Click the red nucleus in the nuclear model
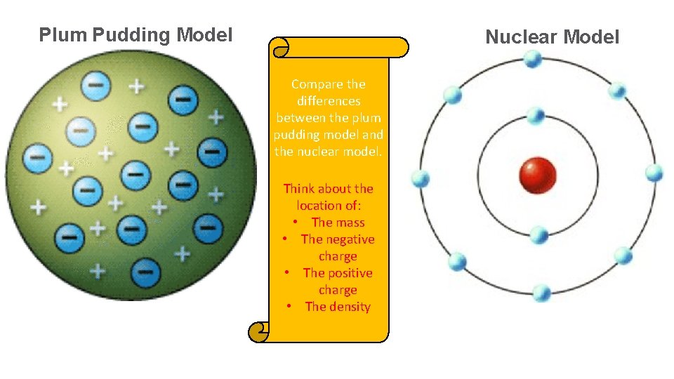pos(537,175)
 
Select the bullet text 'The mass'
pos(338,222)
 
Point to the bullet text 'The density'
pos(338,307)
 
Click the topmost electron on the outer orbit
pos(534,58)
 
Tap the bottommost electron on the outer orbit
pos(541,292)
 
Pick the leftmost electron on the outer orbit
pos(421,179)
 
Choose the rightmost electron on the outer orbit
pos(654,173)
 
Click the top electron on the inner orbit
pos(536,115)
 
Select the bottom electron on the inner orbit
pos(538,234)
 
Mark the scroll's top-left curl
pos(279,47)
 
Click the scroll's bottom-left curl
pos(259,332)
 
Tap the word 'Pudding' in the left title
pos(132,34)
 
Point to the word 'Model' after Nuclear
pos(592,36)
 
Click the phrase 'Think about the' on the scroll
pos(328,189)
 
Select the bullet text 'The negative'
pos(338,239)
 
